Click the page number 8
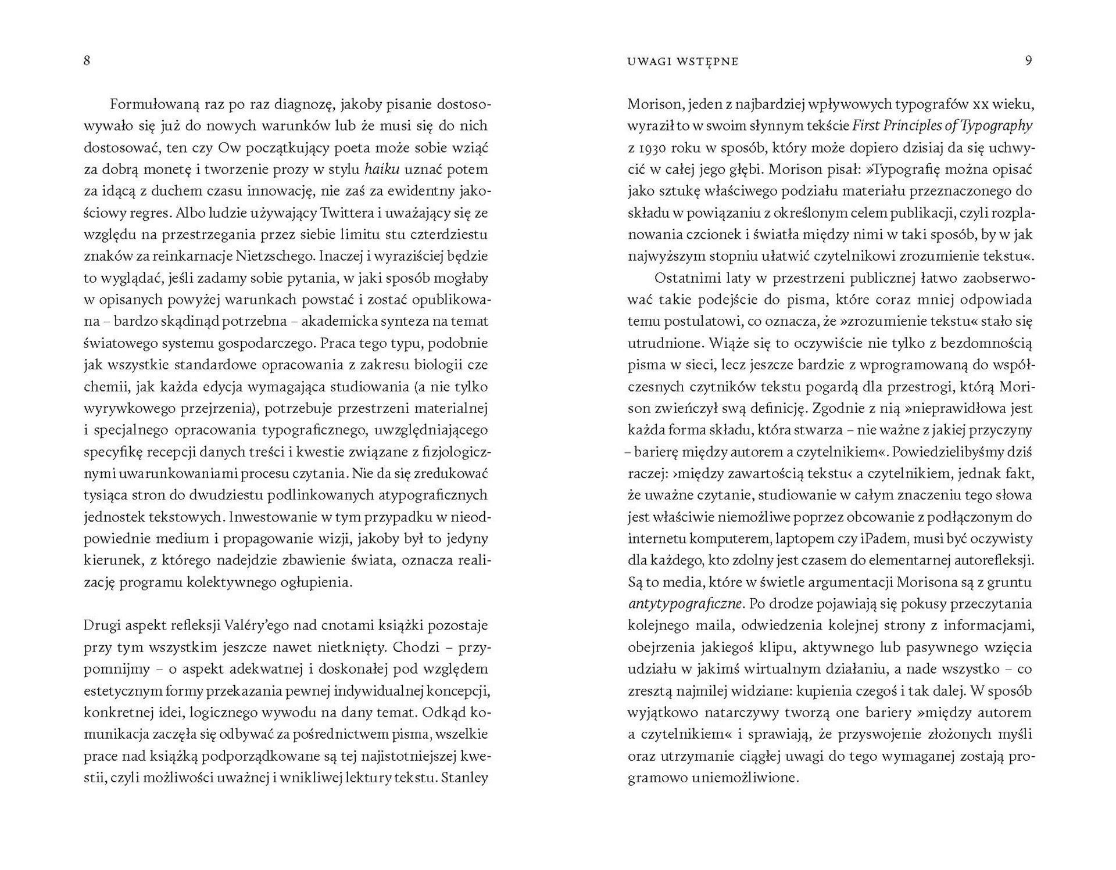(87, 60)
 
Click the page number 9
(1028, 60)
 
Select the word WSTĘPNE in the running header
(707, 62)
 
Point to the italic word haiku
(381, 170)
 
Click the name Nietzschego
(276, 256)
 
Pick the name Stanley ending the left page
(464, 778)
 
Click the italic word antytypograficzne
(685, 604)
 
